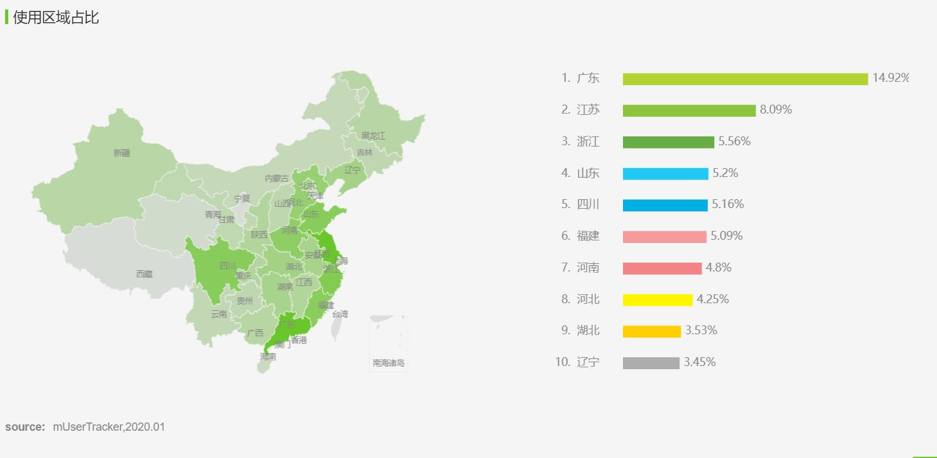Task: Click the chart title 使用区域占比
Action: [x=56, y=17]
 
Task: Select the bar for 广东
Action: [x=745, y=79]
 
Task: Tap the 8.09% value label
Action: [x=776, y=110]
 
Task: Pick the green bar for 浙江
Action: [x=668, y=142]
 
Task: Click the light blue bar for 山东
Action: [x=665, y=174]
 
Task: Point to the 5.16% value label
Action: [x=728, y=204]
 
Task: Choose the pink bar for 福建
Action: [x=664, y=237]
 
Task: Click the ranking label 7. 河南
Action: [x=580, y=268]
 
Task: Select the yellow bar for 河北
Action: [x=657, y=299]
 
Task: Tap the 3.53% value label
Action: [x=701, y=330]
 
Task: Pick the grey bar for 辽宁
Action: [x=651, y=363]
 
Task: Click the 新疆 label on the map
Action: [x=122, y=153]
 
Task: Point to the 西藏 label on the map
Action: [x=144, y=274]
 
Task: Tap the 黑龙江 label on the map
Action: [x=373, y=136]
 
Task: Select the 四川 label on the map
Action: [x=228, y=266]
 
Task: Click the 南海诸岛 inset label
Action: [x=388, y=363]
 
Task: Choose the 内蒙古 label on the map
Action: [x=277, y=179]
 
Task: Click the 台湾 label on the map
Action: [x=340, y=314]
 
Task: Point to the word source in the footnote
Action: [x=25, y=427]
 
